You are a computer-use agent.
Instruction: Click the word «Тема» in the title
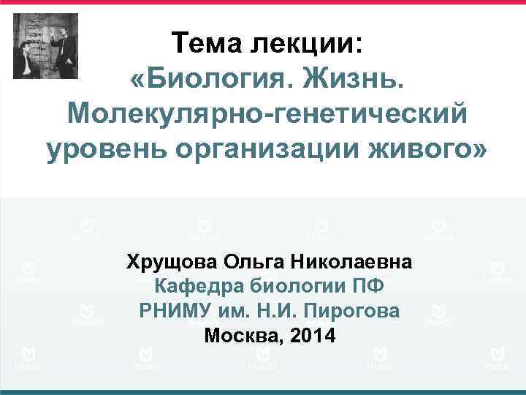(x=207, y=43)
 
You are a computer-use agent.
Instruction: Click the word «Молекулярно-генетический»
(x=266, y=113)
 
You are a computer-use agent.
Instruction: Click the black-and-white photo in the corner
(x=45, y=46)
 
